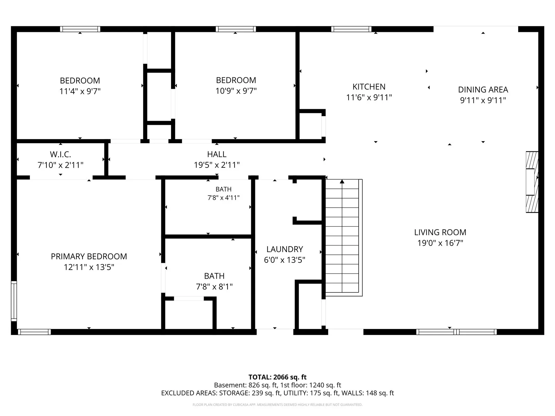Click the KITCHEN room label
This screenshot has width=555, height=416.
click(369, 87)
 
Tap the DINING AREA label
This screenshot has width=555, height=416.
click(483, 90)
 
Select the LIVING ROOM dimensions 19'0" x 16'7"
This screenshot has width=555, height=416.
click(440, 243)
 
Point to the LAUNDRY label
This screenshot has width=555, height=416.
click(285, 249)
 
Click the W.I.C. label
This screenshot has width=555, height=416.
click(60, 154)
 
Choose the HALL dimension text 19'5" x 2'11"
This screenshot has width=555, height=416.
click(217, 165)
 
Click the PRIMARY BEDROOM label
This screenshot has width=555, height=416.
click(89, 257)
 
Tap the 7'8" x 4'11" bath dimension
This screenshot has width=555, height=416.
click(223, 198)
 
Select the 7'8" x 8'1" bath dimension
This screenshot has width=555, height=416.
click(214, 287)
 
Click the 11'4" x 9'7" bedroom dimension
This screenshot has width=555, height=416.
click(80, 91)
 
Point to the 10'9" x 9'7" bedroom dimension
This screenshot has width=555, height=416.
click(236, 91)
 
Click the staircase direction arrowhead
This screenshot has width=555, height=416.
click(342, 181)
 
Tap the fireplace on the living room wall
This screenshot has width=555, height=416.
click(532, 182)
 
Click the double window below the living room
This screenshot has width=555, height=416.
click(456, 332)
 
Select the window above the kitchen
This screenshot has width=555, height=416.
click(351, 29)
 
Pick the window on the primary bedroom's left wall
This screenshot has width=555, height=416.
click(14, 301)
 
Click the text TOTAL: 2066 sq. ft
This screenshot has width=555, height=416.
click(277, 377)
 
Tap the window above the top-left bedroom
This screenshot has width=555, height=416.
click(80, 29)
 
